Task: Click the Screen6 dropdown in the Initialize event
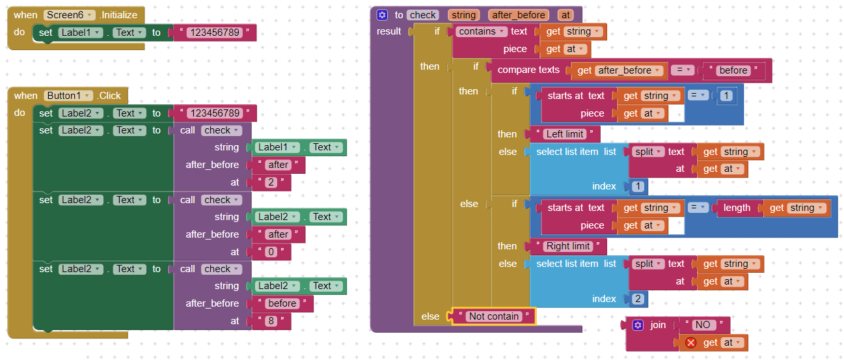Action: click(x=69, y=15)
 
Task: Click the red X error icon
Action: click(x=690, y=342)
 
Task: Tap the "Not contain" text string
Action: click(x=494, y=316)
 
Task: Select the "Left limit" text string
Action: click(x=564, y=134)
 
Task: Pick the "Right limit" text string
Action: click(x=568, y=246)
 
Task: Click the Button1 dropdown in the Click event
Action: click(x=68, y=96)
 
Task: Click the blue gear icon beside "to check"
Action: click(x=382, y=15)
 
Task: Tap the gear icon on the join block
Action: click(x=638, y=325)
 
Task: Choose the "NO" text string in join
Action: click(x=703, y=325)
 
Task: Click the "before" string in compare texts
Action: click(x=733, y=70)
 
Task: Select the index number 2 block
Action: click(x=638, y=299)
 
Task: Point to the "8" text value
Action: click(x=271, y=321)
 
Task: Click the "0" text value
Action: click(x=271, y=252)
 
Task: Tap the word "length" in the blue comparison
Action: click(x=737, y=208)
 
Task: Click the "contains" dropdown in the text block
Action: click(x=481, y=31)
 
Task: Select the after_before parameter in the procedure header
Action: click(x=519, y=15)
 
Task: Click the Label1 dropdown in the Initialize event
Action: click(x=80, y=33)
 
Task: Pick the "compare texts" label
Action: click(x=528, y=70)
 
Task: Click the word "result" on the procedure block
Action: click(x=389, y=31)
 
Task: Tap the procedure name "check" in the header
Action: click(x=423, y=15)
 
